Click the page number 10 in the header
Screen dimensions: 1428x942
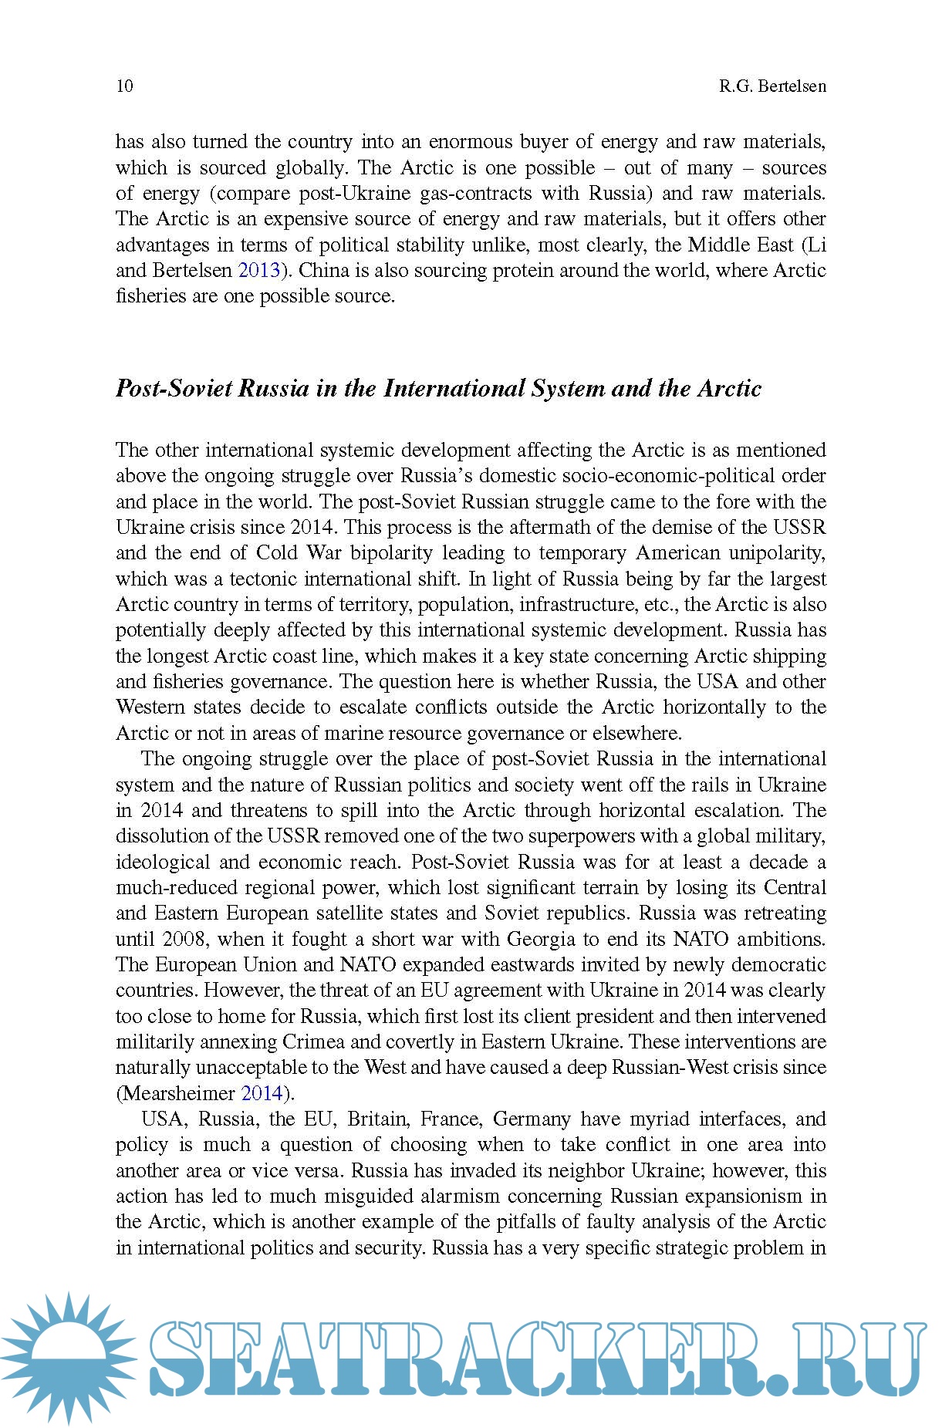(x=124, y=86)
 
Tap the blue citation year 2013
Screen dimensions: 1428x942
(x=258, y=271)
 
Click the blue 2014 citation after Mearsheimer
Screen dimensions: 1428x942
(x=262, y=1093)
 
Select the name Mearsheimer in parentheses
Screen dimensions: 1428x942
(x=178, y=1093)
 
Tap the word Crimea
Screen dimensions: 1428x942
(x=313, y=1041)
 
